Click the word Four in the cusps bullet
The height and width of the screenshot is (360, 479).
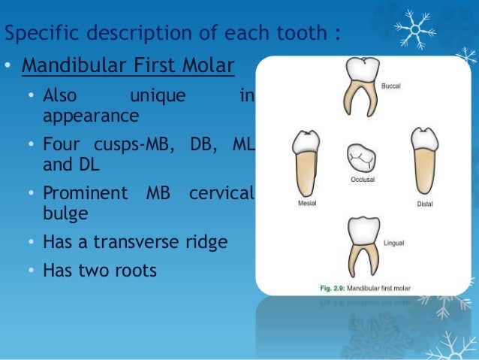point(61,144)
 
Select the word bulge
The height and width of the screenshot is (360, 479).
point(65,213)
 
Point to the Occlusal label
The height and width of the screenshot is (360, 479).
point(362,180)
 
